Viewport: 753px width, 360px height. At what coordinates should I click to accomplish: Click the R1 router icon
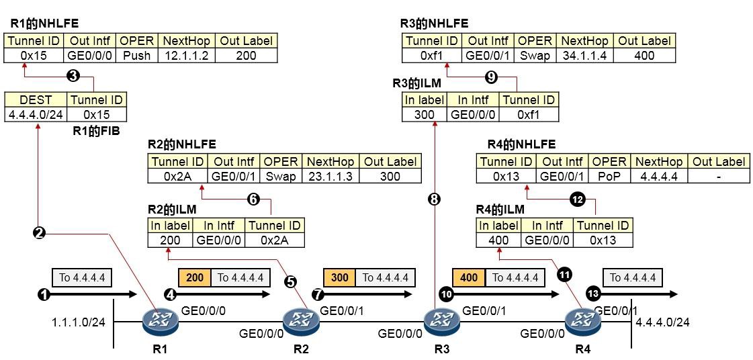click(160, 320)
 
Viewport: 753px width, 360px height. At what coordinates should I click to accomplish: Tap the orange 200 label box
click(195, 277)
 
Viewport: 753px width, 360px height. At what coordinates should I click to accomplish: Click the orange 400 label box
click(469, 277)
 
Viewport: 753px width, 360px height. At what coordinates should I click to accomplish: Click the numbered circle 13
click(592, 294)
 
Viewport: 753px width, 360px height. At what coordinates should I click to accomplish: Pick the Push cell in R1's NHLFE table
click(137, 56)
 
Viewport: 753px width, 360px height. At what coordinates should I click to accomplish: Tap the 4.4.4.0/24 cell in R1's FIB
click(36, 114)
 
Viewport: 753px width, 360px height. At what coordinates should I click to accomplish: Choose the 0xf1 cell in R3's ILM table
click(529, 114)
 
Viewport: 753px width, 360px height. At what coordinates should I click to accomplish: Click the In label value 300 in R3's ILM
click(425, 114)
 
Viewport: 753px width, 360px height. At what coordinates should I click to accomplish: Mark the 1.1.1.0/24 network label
click(78, 322)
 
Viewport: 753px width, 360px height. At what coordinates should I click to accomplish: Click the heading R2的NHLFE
click(181, 144)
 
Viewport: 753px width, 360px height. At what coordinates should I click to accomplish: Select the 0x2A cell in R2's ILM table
click(275, 240)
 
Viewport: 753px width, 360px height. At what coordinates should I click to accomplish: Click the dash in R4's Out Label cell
click(718, 177)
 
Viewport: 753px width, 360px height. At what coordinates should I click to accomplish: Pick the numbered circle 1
click(43, 295)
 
